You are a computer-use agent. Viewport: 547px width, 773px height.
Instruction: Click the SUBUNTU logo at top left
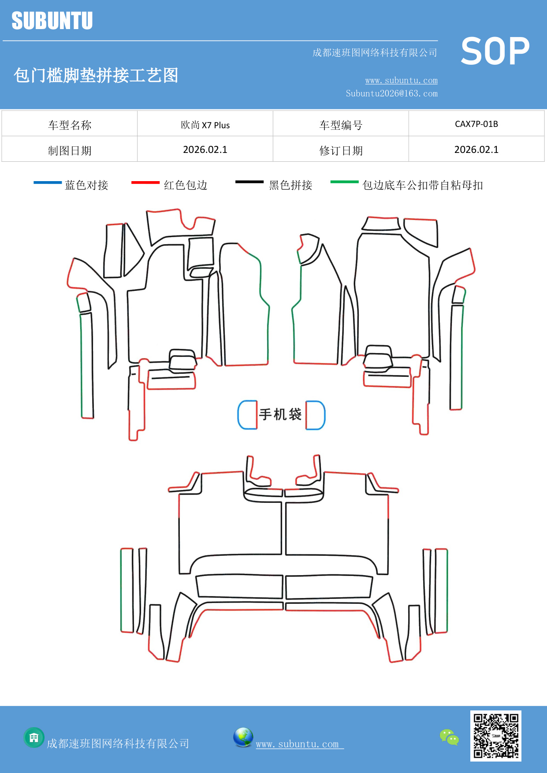(x=52, y=21)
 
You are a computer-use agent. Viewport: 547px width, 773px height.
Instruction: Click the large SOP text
(x=495, y=52)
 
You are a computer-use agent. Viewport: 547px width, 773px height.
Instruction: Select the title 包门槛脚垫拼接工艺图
(x=96, y=75)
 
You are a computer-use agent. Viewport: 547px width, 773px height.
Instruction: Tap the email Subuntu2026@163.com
(x=391, y=93)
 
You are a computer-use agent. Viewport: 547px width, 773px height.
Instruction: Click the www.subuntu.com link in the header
(x=401, y=81)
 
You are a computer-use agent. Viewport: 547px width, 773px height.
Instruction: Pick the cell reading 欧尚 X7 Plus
(x=205, y=125)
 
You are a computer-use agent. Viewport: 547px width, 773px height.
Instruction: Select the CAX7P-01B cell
(x=476, y=124)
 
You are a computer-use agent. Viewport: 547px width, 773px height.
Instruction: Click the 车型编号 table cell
(x=341, y=125)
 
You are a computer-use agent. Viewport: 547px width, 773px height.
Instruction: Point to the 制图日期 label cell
(x=70, y=151)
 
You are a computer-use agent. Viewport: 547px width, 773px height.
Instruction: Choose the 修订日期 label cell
(x=341, y=151)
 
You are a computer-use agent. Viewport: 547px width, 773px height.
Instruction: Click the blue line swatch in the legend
(x=48, y=182)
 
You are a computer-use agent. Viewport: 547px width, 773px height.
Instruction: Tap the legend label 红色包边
(x=186, y=185)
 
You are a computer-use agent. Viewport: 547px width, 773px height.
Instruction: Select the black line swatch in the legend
(x=249, y=182)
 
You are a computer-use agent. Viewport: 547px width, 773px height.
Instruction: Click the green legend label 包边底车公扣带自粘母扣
(x=422, y=185)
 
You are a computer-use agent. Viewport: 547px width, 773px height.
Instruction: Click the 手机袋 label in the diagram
(x=280, y=414)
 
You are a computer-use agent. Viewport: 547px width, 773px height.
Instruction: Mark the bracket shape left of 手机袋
(x=247, y=415)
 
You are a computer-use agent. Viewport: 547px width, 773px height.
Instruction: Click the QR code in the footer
(x=495, y=736)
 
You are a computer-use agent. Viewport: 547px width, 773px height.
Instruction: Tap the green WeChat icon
(x=449, y=737)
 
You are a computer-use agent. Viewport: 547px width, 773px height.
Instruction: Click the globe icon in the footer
(x=243, y=737)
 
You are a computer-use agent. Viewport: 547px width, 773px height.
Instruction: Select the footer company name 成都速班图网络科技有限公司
(x=118, y=743)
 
